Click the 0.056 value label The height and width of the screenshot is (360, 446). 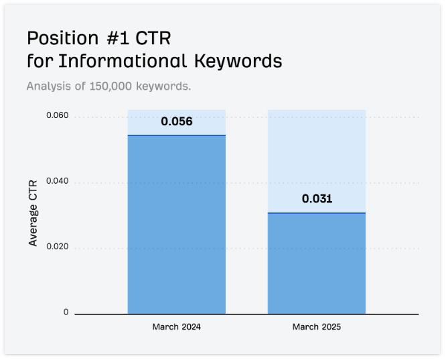coord(177,121)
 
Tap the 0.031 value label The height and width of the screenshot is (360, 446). coord(317,198)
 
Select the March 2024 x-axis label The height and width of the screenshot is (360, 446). coord(176,327)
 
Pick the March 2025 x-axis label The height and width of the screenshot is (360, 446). coord(317,327)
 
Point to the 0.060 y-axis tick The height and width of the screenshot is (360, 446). coord(57,117)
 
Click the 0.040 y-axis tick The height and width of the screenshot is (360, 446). coord(57,182)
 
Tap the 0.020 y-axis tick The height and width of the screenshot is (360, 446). coord(57,247)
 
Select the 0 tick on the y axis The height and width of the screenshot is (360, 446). coord(66,312)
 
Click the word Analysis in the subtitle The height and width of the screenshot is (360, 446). coord(47,86)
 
